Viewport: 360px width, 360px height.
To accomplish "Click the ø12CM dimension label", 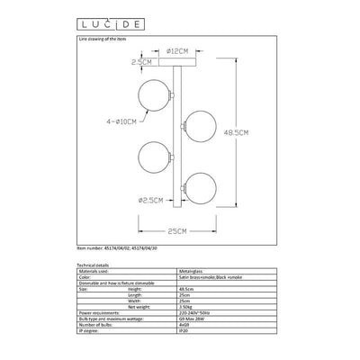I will (x=179, y=51).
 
